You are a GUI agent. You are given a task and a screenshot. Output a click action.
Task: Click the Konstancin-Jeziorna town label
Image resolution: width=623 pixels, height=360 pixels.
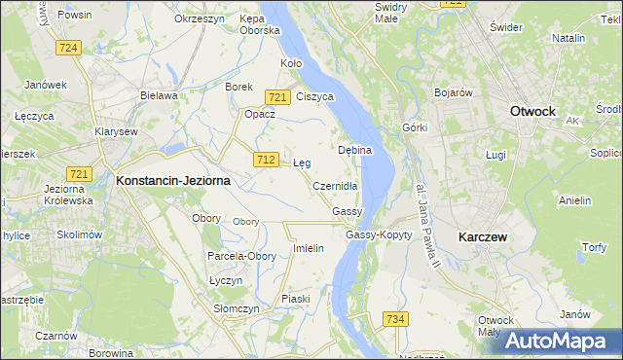(x=173, y=180)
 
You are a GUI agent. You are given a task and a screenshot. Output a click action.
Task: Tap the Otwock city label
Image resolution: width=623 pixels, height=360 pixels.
(x=532, y=112)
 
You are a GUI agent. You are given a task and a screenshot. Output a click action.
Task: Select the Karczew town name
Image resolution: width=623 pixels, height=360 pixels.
(x=485, y=236)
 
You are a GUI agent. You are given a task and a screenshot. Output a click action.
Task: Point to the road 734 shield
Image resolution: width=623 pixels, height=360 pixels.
(x=395, y=319)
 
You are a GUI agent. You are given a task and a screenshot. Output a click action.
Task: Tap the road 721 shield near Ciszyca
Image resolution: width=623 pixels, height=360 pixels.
(x=277, y=96)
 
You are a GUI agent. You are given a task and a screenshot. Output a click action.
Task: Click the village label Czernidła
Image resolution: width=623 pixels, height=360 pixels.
(x=336, y=186)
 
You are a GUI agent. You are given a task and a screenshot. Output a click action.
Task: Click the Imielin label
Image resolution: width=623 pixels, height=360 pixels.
(x=308, y=248)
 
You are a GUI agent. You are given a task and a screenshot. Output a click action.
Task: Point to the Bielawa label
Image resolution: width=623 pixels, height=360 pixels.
(x=159, y=95)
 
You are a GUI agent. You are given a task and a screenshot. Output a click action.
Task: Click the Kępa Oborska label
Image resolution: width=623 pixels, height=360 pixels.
(x=259, y=24)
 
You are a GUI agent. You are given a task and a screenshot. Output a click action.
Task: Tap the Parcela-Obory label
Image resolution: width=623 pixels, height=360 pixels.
(x=241, y=256)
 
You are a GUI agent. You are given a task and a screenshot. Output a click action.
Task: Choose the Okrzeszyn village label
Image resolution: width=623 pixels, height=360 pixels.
(x=200, y=19)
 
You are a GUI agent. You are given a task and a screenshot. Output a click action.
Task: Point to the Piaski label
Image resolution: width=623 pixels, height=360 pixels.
(x=296, y=299)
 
